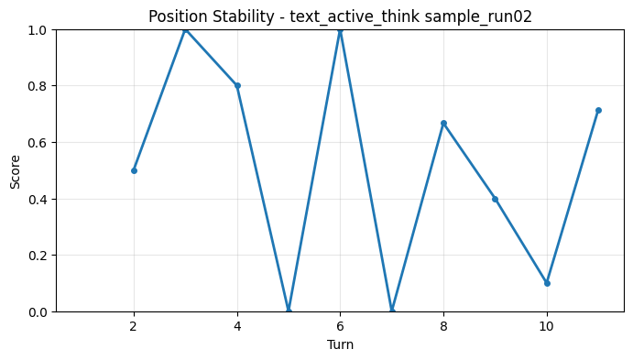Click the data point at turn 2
(x=134, y=170)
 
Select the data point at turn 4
(x=237, y=86)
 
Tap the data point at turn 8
(x=443, y=123)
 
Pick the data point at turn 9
(x=495, y=199)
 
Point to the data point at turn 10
(x=547, y=283)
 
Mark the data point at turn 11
(x=598, y=110)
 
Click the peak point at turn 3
(x=185, y=29)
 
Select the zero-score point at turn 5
(x=289, y=311)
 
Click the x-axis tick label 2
(x=134, y=325)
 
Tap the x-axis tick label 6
(x=340, y=325)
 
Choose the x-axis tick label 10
(x=547, y=325)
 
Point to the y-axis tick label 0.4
(x=39, y=199)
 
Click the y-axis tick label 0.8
(x=39, y=86)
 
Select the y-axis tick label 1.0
(x=39, y=29)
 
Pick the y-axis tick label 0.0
(x=39, y=311)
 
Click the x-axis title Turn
(x=340, y=344)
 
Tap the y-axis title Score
(x=15, y=170)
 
